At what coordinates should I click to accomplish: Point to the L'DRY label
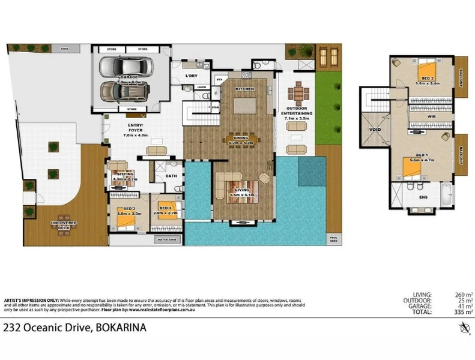pyautogui.click(x=192, y=76)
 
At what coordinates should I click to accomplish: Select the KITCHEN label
pyautogui.click(x=244, y=89)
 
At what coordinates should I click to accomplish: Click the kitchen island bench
pyautogui.click(x=244, y=105)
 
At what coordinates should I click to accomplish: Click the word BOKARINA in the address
pyautogui.click(x=120, y=328)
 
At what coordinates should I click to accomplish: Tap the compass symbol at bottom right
pyautogui.click(x=463, y=327)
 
